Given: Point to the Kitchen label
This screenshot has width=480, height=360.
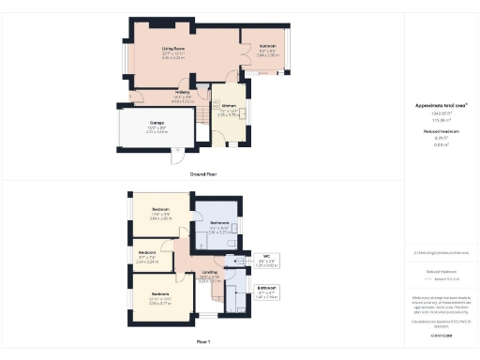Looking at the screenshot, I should coord(229,107).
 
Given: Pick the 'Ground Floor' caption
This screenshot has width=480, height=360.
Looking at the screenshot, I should coord(203,173).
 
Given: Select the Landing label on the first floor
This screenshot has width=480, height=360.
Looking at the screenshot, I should coord(208,273).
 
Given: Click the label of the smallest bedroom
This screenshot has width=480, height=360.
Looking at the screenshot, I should coord(147,252).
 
